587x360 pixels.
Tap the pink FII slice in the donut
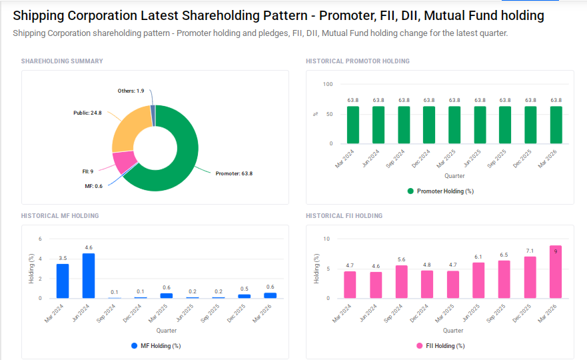pos(123,161)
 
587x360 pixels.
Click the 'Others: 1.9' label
pos(131,91)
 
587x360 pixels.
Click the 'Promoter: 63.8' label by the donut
pos(234,173)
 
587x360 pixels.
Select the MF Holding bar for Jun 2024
pos(88,275)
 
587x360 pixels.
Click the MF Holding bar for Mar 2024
pos(63,281)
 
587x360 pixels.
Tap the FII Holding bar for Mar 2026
pos(556,272)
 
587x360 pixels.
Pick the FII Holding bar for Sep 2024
pos(401,281)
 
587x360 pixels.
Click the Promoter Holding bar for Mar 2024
pos(353,125)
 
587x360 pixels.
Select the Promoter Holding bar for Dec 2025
pos(530,125)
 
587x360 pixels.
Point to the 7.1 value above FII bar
pos(530,251)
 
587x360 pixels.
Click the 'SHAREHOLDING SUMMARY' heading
pos(62,61)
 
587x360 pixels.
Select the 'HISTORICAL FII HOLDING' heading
pos(344,216)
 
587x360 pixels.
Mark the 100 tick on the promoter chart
pos(327,84)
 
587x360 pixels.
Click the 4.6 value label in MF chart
pos(88,248)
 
